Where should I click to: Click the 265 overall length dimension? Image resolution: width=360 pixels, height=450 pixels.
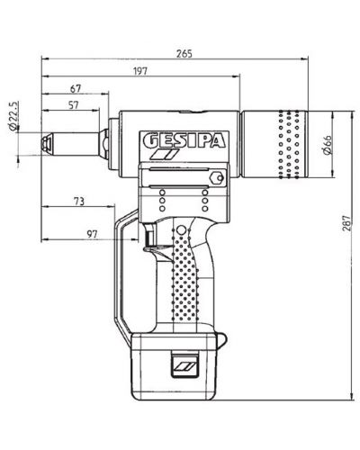184,53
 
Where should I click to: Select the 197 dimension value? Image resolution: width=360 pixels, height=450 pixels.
140,71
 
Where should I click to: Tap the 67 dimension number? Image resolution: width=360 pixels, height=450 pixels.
76,89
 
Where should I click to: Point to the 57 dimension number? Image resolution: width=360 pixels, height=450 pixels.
73,105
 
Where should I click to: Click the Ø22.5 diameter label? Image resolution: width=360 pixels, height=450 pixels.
13,116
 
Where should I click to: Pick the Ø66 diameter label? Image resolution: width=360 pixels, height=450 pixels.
328,145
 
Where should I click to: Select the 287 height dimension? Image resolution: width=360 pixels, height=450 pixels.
346,223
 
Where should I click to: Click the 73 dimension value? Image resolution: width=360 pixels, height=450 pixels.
79,202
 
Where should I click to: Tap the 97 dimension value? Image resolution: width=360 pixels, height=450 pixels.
92,234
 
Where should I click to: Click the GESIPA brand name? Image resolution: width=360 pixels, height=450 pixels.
184,140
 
